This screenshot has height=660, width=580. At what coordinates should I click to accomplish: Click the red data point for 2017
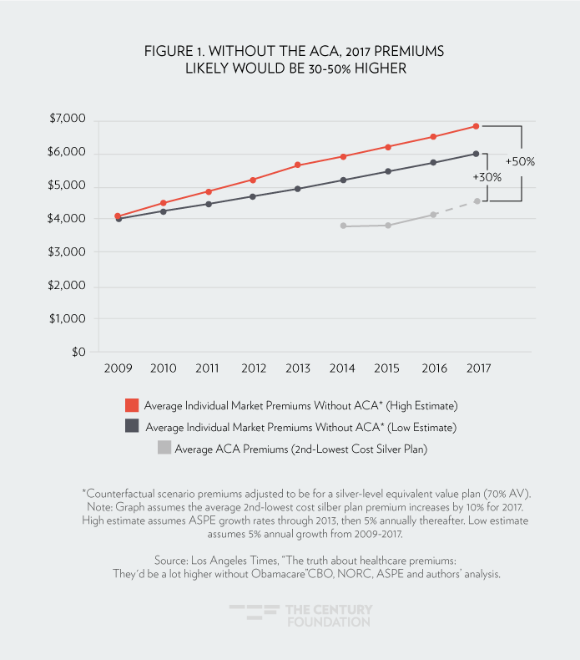(476, 126)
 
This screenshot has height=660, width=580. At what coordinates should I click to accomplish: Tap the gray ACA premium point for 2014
(343, 226)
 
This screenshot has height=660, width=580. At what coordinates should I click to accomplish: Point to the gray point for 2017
(476, 201)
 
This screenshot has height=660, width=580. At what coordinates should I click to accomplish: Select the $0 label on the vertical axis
(78, 353)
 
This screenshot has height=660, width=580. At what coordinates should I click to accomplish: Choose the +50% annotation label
(520, 160)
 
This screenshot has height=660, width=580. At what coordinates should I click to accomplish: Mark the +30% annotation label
(487, 178)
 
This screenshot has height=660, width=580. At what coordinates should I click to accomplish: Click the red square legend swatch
(131, 406)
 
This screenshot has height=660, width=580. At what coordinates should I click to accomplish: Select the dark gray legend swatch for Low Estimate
(131, 427)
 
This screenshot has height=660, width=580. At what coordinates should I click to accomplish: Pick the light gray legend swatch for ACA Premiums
(164, 448)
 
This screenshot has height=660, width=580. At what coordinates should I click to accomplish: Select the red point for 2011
(208, 191)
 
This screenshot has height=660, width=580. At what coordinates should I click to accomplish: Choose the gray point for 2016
(432, 215)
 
